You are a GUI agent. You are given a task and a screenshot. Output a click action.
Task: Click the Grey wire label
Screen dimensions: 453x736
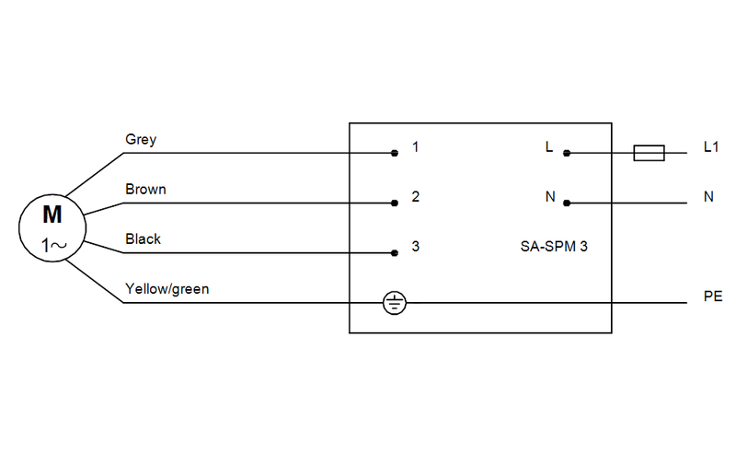[141, 140]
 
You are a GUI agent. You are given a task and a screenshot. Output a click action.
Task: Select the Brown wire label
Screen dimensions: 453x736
[145, 190]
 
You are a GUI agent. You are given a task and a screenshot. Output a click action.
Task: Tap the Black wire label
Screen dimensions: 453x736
[143, 239]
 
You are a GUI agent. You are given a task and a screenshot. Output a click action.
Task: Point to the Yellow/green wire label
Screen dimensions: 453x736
[167, 289]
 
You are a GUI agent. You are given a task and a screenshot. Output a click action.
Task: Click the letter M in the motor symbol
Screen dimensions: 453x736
[52, 215]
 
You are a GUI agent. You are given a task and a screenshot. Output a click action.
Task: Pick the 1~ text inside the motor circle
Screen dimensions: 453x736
[52, 246]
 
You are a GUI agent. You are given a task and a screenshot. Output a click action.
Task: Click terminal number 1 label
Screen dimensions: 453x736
[416, 147]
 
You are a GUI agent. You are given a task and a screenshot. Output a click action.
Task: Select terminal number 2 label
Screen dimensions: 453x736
[416, 197]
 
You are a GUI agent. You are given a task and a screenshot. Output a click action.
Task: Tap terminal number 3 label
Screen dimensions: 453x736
[416, 247]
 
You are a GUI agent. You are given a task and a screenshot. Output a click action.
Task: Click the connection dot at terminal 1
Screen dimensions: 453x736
[394, 153]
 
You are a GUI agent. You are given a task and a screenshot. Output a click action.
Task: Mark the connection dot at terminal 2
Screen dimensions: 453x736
[394, 203]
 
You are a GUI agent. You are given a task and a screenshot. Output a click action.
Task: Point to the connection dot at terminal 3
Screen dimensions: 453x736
[394, 252]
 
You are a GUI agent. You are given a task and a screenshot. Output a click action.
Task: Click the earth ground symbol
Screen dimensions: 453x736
[394, 302]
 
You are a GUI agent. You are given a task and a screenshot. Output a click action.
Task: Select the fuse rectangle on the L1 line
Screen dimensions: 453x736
[650, 153]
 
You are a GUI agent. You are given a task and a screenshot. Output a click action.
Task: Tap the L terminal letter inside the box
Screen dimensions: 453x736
[549, 147]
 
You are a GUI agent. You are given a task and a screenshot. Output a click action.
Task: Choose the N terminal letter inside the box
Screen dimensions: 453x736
[549, 197]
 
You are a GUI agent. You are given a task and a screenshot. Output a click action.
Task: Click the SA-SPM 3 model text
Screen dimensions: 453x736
[554, 247]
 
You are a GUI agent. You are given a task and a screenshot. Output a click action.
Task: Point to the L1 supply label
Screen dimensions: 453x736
[709, 147]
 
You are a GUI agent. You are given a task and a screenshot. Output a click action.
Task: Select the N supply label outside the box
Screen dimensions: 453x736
[708, 197]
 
